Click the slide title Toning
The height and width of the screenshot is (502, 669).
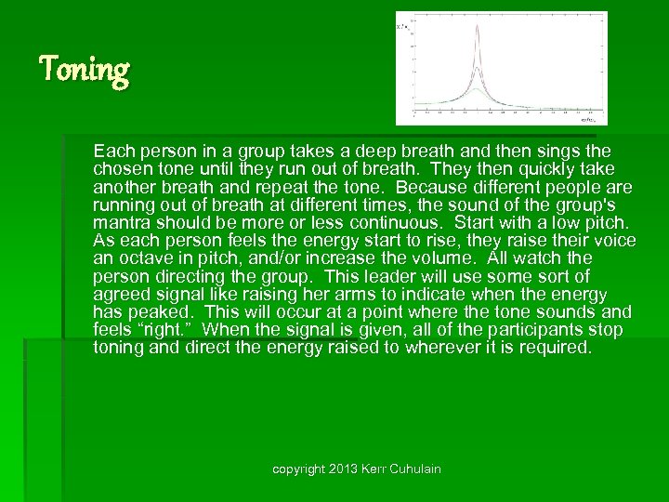(x=85, y=70)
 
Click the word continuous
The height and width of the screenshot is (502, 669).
(x=401, y=222)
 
